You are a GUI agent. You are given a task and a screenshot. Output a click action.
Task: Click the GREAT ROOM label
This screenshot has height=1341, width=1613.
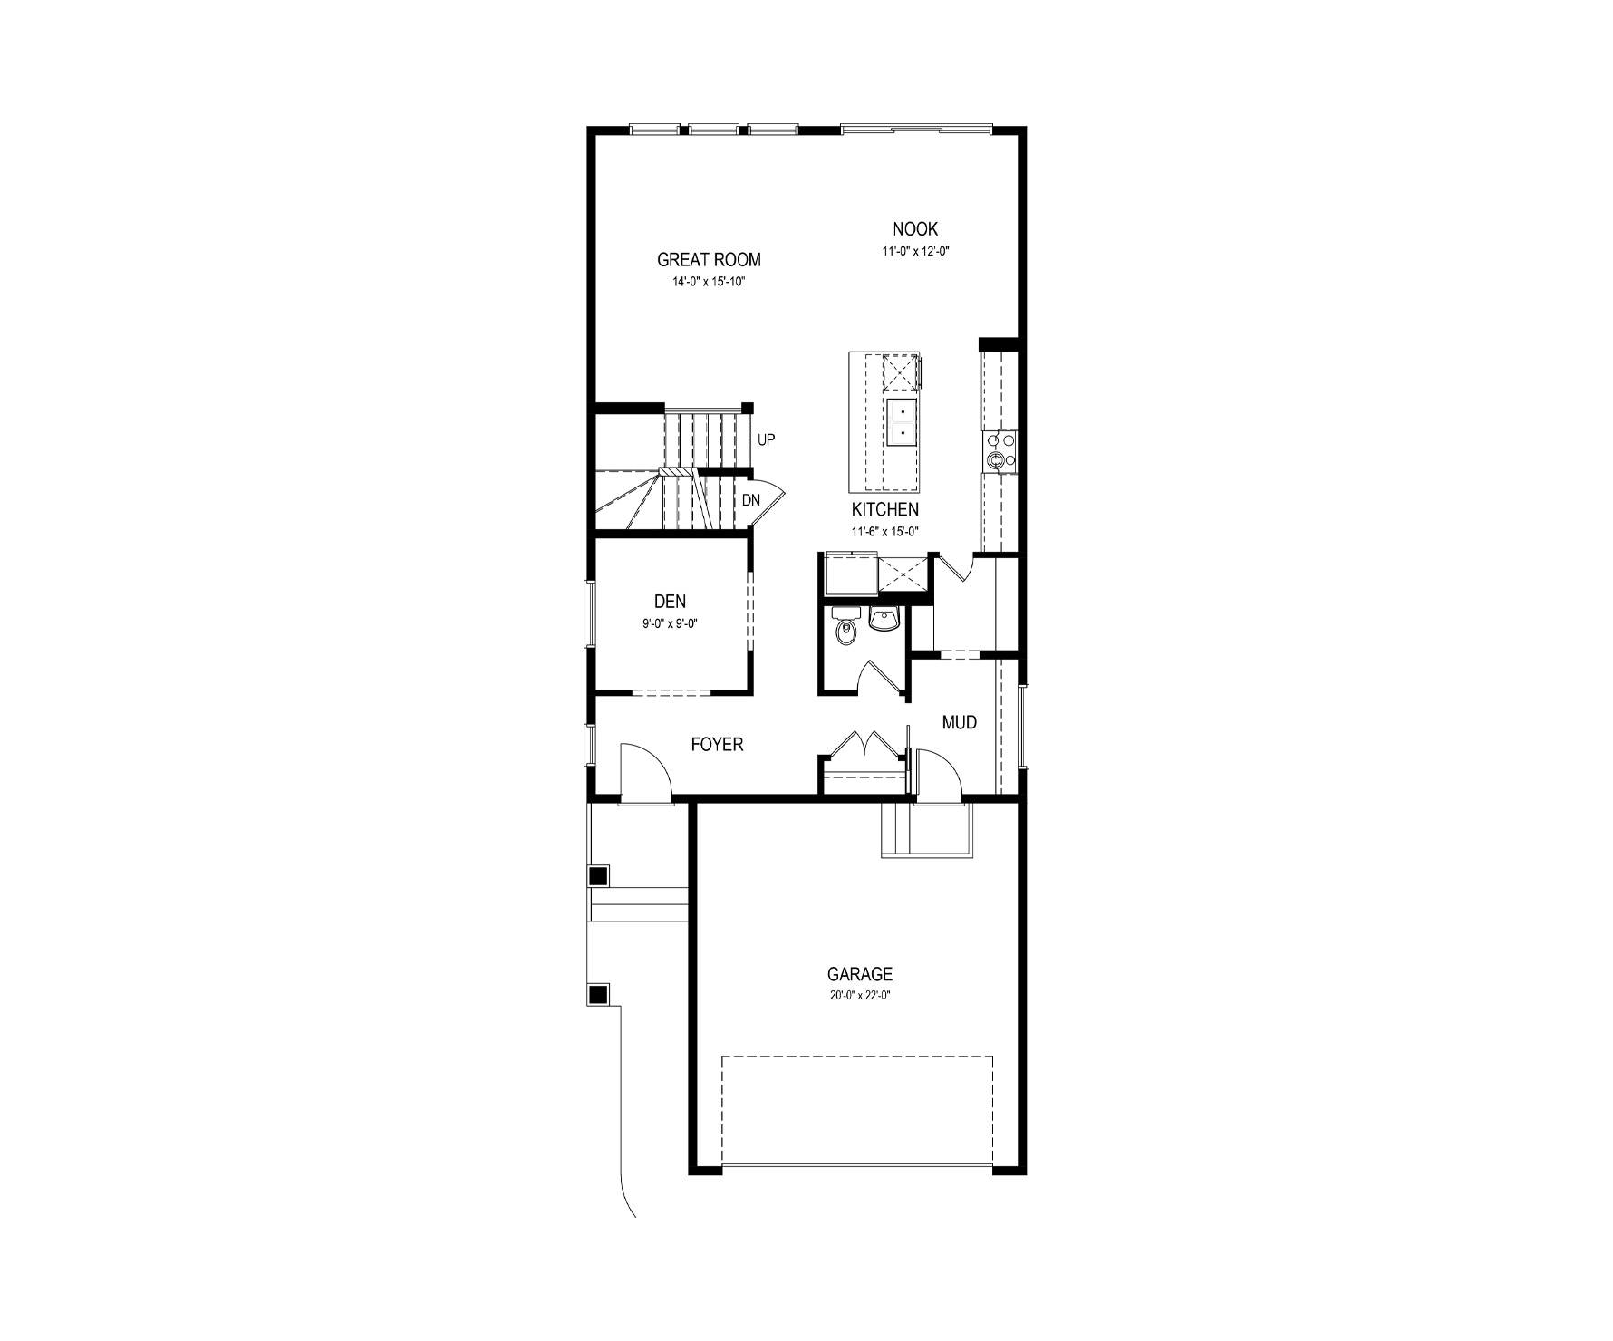click(709, 260)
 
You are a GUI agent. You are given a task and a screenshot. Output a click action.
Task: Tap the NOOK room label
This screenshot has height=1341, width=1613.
click(915, 229)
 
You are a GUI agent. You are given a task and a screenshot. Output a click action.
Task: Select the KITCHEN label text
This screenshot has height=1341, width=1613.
click(884, 510)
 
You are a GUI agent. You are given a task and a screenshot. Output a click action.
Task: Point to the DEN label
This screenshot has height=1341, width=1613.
click(670, 602)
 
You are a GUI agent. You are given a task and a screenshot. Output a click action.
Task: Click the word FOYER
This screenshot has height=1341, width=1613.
click(717, 745)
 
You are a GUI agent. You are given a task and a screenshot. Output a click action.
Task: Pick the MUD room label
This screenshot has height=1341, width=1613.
click(960, 722)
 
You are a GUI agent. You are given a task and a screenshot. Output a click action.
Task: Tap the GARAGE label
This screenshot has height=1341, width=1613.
click(859, 975)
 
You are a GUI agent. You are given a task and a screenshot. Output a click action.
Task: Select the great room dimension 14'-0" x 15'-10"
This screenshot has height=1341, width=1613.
click(709, 282)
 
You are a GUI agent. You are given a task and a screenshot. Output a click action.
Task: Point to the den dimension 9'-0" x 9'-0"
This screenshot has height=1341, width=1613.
click(670, 623)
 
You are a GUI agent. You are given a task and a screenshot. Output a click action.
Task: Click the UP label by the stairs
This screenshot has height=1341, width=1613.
click(767, 440)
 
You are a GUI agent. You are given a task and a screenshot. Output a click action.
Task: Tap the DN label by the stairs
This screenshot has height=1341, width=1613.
click(751, 500)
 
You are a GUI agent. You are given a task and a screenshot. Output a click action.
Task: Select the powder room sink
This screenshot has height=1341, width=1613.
click(884, 620)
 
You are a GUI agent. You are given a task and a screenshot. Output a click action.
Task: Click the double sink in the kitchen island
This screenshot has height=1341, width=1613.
click(902, 423)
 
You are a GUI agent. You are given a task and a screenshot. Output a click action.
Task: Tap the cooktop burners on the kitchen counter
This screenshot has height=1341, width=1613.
click(1000, 450)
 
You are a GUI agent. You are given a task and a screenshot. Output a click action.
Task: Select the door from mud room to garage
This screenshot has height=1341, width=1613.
click(938, 775)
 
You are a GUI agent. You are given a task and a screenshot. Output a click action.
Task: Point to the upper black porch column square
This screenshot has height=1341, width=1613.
click(598, 876)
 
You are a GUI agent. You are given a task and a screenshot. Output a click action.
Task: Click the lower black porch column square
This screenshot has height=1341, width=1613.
click(598, 994)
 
